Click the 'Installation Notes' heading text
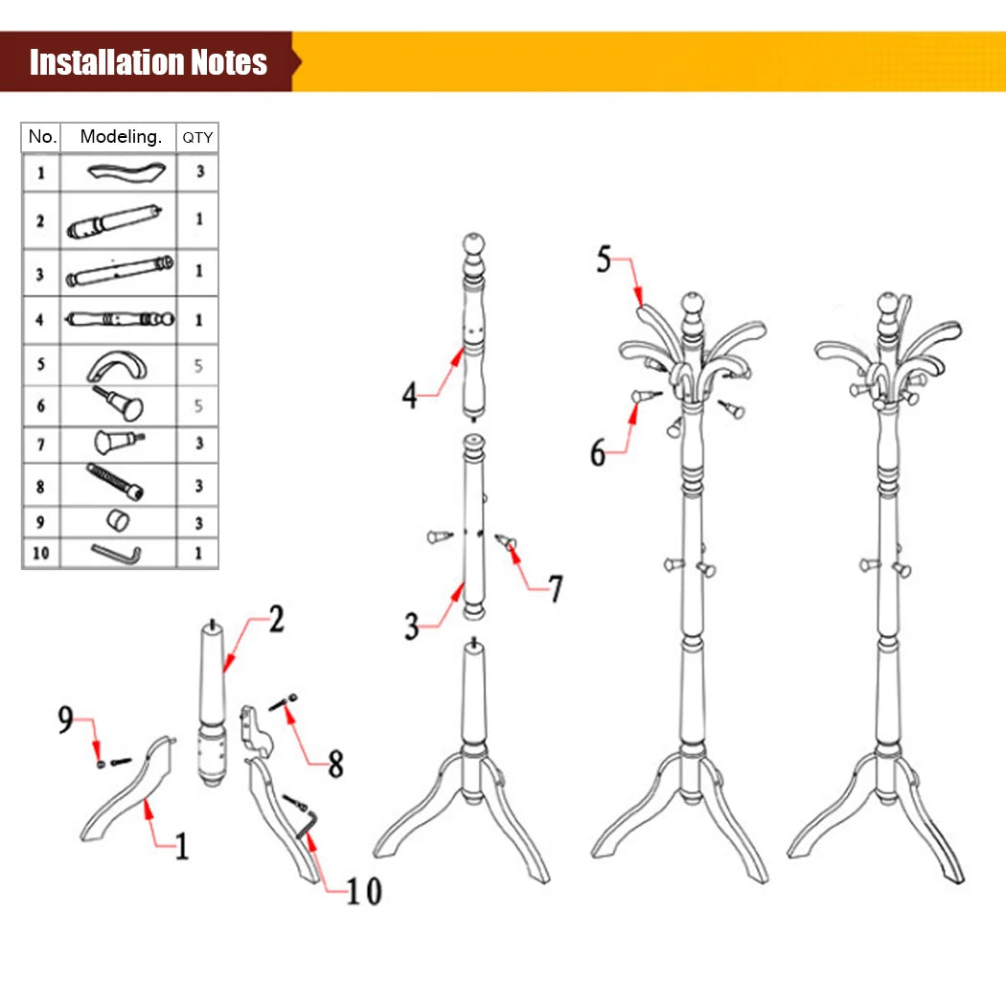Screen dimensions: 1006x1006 click(x=149, y=62)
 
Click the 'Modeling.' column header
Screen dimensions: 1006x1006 click(x=120, y=137)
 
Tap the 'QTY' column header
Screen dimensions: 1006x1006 click(x=198, y=137)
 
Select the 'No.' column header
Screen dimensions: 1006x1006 click(x=42, y=137)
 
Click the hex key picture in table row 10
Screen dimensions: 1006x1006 click(x=117, y=553)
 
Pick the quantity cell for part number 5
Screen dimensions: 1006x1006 click(x=198, y=365)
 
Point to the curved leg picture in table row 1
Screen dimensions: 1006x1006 click(x=122, y=173)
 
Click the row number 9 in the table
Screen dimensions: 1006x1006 click(x=40, y=522)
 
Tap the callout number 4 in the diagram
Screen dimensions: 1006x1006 click(x=410, y=395)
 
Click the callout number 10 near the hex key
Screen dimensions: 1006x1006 click(x=363, y=891)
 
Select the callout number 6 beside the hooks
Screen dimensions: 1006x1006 click(x=598, y=452)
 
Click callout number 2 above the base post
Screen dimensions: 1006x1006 click(x=276, y=620)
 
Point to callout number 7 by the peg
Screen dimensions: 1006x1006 click(x=556, y=588)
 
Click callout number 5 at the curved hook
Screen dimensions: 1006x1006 click(x=604, y=260)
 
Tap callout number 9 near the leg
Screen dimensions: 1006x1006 click(x=65, y=720)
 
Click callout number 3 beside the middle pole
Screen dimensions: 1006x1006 click(x=412, y=628)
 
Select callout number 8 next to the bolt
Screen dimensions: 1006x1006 click(x=335, y=764)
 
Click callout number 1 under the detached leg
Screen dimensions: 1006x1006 click(x=181, y=846)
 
